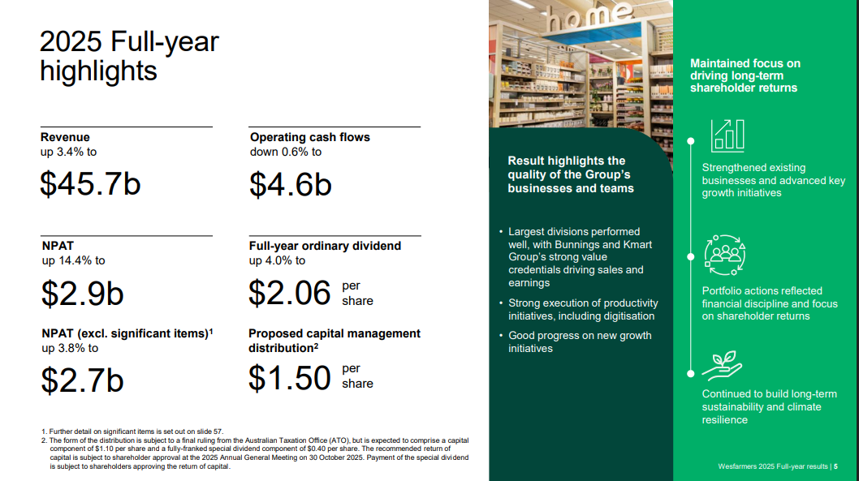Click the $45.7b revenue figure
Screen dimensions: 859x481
[x=90, y=183]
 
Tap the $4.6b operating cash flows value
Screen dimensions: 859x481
[x=291, y=184]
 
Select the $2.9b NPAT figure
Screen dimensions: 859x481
[x=83, y=294]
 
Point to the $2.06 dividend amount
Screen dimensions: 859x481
[x=289, y=293]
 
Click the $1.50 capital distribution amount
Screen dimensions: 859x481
[x=289, y=377]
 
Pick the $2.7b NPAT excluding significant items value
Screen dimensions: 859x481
[x=83, y=380]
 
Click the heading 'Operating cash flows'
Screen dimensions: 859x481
[x=310, y=137]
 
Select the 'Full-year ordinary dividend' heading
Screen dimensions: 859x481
[x=325, y=246]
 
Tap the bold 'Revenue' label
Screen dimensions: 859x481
[x=65, y=137]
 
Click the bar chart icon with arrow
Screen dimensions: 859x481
[x=727, y=135]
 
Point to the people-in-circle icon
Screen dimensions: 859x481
[x=725, y=255]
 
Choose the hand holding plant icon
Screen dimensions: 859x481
[x=722, y=366]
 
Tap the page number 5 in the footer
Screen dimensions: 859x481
[x=836, y=466]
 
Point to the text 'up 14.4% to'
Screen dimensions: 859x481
[x=73, y=260]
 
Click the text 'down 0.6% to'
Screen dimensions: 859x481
[x=286, y=152]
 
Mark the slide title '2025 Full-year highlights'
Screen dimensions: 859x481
[x=129, y=56]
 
